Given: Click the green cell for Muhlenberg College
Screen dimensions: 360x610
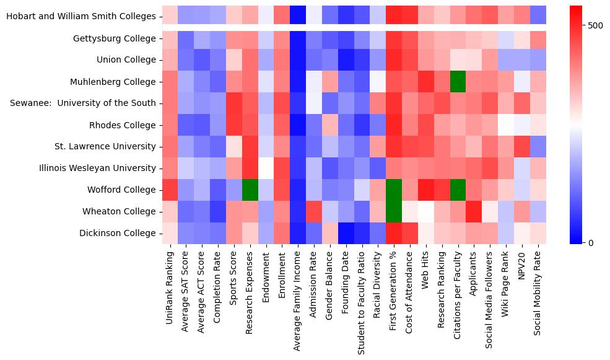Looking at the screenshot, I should click(x=458, y=82).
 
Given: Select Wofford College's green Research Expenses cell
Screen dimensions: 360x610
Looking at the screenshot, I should click(x=251, y=190).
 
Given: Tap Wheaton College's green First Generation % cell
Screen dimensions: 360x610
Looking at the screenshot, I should click(x=393, y=211).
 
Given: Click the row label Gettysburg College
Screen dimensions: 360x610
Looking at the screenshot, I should click(x=115, y=38).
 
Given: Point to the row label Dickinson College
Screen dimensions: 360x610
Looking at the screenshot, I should click(x=118, y=233).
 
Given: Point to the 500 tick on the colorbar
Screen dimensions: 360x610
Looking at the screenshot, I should click(x=596, y=25).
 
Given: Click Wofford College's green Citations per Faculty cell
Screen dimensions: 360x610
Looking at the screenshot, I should click(x=458, y=190).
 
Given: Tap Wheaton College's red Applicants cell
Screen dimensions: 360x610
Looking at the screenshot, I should click(x=474, y=211).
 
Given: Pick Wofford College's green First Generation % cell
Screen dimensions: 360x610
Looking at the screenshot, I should click(x=393, y=190).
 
